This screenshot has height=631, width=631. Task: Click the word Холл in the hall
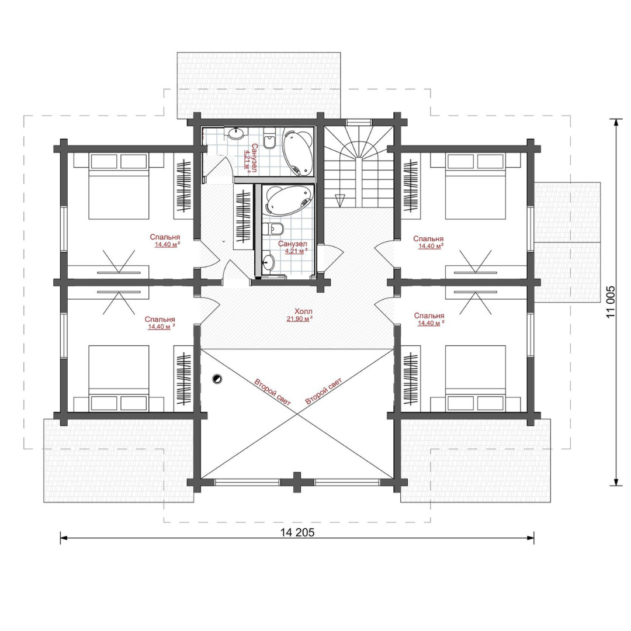tap(303, 311)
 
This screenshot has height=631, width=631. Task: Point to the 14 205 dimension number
tap(297, 532)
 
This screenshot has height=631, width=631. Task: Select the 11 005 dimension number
tap(611, 302)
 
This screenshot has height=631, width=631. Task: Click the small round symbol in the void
tap(217, 378)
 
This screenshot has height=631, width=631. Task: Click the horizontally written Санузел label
tap(293, 244)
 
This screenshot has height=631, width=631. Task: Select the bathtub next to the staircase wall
tap(298, 151)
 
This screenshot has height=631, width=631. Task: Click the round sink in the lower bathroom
tap(267, 263)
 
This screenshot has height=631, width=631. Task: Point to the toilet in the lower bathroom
tap(273, 228)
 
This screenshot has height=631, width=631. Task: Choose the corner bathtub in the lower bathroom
tap(288, 200)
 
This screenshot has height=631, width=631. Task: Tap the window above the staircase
tap(359, 122)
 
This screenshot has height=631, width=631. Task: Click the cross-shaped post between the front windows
tap(297, 482)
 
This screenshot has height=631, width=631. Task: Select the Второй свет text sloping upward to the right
tap(324, 391)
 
